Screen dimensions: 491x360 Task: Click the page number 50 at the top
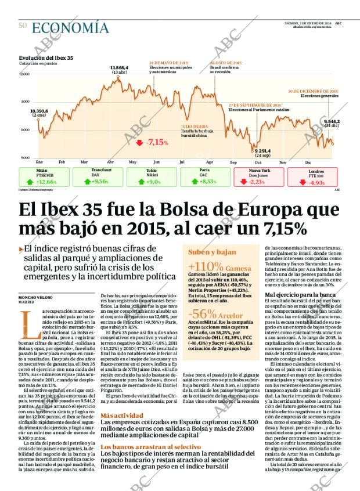point(23,25)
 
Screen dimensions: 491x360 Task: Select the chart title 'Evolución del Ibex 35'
point(46,58)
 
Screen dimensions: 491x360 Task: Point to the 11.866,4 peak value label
point(119,68)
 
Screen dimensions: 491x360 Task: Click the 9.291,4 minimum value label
point(262,151)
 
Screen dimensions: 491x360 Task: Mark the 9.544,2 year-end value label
point(331,121)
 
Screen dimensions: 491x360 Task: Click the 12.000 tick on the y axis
point(24,74)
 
